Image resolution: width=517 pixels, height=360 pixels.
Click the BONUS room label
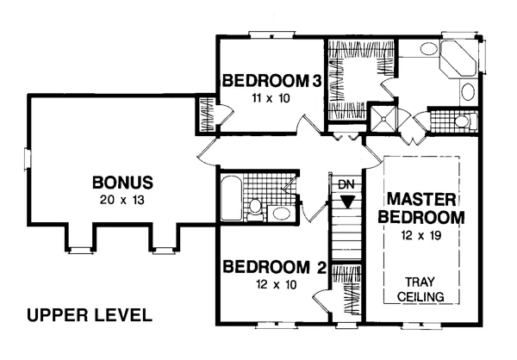[x=122, y=183]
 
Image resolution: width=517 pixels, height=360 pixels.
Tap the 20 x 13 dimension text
[x=122, y=200]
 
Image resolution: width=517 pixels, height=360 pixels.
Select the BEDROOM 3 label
[x=271, y=81]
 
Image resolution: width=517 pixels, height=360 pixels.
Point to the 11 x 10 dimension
[x=271, y=98]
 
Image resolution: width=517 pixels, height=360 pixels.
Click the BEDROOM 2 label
[x=275, y=267]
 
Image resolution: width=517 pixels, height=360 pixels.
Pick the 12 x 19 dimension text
[x=421, y=235]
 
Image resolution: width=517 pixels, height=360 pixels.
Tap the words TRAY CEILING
[x=420, y=289]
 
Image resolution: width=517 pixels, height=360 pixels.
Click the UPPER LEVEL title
[x=90, y=315]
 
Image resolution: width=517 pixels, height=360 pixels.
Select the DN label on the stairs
[x=346, y=184]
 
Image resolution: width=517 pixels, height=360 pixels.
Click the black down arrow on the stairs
[x=347, y=202]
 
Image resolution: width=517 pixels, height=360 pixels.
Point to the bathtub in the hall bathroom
[x=232, y=198]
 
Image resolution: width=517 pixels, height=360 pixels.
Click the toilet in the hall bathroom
[x=255, y=209]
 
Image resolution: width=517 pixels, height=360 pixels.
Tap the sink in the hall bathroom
[x=281, y=214]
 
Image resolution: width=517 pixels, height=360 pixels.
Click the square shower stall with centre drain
[x=383, y=118]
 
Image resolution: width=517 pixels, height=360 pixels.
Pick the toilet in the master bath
[x=465, y=121]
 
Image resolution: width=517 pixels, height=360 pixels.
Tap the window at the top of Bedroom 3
[x=271, y=34]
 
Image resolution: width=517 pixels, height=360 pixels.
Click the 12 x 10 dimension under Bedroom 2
[x=277, y=284]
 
